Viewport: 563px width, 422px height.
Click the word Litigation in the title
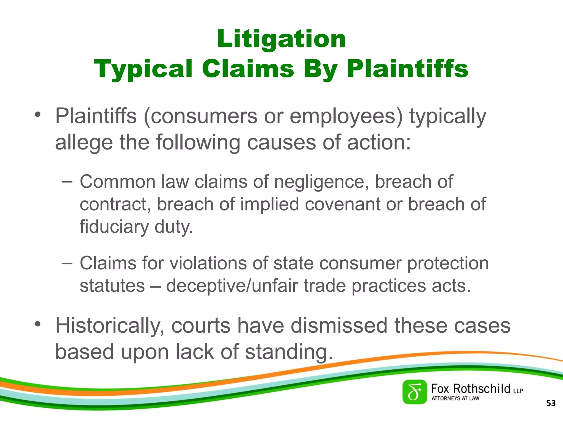[281, 39]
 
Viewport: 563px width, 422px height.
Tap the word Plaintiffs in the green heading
[407, 69]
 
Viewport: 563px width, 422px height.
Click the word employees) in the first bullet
[346, 116]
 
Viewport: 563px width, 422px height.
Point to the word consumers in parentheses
[200, 116]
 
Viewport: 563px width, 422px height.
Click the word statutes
[112, 286]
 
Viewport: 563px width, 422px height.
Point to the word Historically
[110, 326]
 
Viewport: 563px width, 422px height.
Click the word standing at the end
[289, 352]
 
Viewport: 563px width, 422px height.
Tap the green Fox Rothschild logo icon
[415, 392]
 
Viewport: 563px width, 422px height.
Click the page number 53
[551, 403]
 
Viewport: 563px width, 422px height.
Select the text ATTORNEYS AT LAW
[455, 398]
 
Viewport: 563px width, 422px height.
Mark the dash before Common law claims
[67, 182]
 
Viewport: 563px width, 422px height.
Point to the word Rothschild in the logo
[481, 389]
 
